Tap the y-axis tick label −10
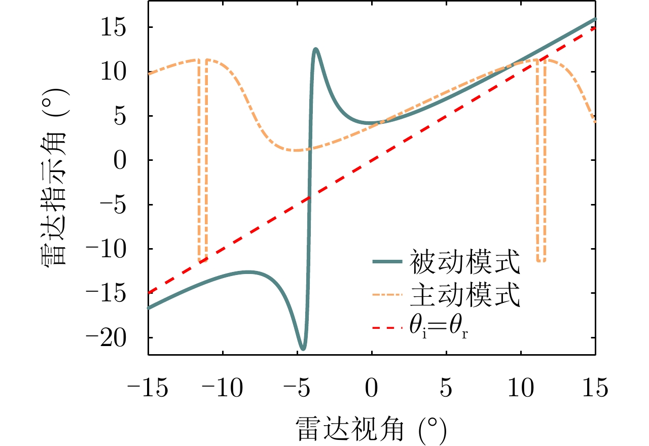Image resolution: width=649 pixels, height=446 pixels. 118,249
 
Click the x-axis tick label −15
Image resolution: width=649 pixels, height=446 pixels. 148,390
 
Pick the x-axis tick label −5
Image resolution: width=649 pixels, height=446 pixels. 297,390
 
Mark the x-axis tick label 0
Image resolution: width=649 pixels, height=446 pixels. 372,390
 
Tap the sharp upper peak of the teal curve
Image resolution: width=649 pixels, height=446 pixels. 315,49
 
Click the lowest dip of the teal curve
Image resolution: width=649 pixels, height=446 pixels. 303,349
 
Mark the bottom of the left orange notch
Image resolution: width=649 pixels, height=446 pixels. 202,260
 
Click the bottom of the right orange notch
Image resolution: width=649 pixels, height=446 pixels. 541,260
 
